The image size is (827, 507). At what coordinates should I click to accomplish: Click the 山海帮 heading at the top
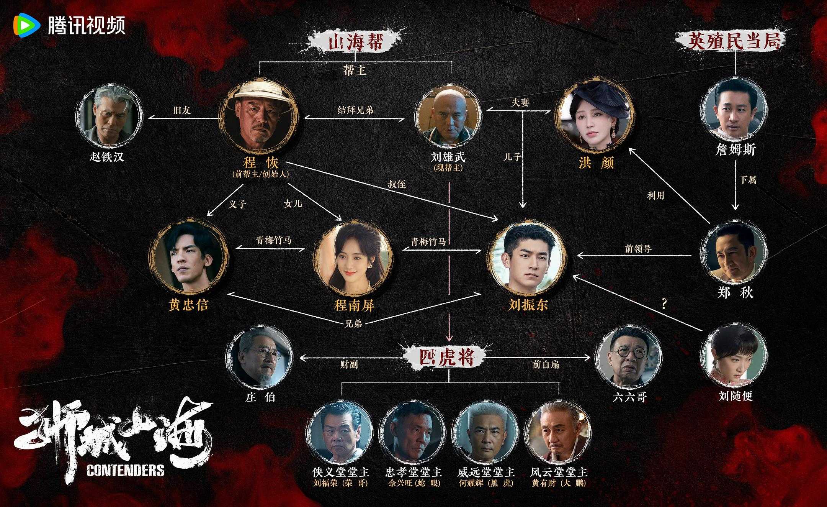click(355, 42)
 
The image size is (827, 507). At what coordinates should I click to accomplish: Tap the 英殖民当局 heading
click(734, 41)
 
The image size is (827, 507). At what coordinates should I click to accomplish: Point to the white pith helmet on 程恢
click(258, 91)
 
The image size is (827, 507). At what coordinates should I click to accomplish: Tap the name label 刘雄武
click(448, 157)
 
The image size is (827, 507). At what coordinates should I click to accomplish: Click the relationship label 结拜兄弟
click(355, 110)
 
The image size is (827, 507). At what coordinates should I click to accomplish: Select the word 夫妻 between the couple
click(520, 102)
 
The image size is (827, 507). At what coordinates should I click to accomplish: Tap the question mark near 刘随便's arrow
click(664, 305)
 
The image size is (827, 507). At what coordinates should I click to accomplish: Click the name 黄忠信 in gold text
click(188, 305)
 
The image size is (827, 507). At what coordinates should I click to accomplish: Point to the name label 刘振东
click(528, 305)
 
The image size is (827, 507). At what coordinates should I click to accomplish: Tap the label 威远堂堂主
click(486, 472)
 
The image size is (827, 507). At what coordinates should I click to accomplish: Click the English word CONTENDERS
click(125, 470)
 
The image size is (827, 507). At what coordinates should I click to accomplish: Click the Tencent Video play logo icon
click(26, 25)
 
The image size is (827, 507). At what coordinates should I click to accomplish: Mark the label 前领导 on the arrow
click(638, 249)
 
